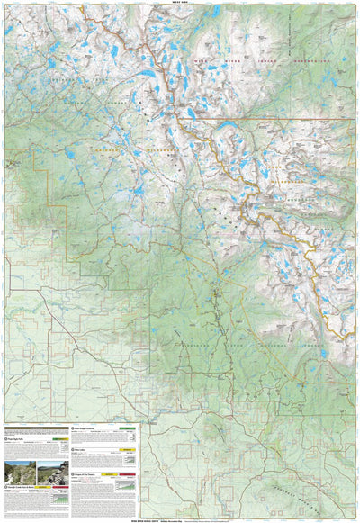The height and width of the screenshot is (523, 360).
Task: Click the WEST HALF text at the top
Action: point(180,3)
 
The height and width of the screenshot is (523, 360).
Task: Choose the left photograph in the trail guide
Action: point(20,473)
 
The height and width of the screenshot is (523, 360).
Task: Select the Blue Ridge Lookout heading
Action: point(90,428)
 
